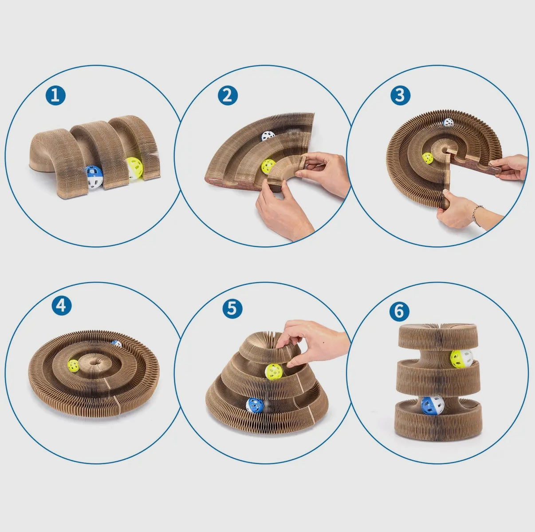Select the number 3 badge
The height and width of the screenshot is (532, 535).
400,95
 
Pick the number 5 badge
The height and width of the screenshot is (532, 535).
232,309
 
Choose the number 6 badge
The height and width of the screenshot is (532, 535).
399,311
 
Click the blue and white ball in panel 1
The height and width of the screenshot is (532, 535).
94,177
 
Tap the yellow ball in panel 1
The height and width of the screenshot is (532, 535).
135,168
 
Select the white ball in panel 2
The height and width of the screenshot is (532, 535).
268,136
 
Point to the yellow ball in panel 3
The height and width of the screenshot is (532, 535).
428,158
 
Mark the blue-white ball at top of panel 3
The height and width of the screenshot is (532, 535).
448,122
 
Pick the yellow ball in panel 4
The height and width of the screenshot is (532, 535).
73,366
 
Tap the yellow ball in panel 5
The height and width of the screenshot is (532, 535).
273,372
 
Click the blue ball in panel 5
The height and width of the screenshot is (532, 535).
255,406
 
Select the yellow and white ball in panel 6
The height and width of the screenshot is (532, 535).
462,359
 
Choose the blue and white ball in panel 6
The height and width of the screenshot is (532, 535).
433,406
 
